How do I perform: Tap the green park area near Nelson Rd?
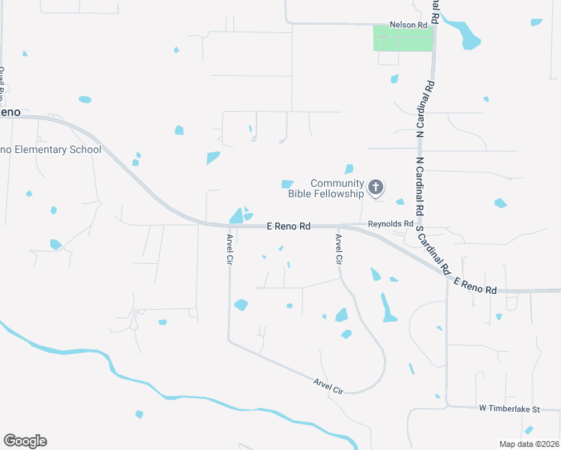click(403, 38)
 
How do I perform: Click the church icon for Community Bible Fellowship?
click(376, 187)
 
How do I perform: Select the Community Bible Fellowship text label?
click(337, 188)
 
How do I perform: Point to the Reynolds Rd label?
click(390, 223)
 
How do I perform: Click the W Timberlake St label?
click(509, 409)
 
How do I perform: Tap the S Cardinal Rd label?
click(433, 248)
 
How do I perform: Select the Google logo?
click(25, 440)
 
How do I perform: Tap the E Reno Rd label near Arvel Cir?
click(289, 226)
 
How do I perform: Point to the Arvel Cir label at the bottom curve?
click(328, 387)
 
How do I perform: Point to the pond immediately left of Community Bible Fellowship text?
click(286, 184)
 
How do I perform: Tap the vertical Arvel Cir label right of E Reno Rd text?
click(338, 247)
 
